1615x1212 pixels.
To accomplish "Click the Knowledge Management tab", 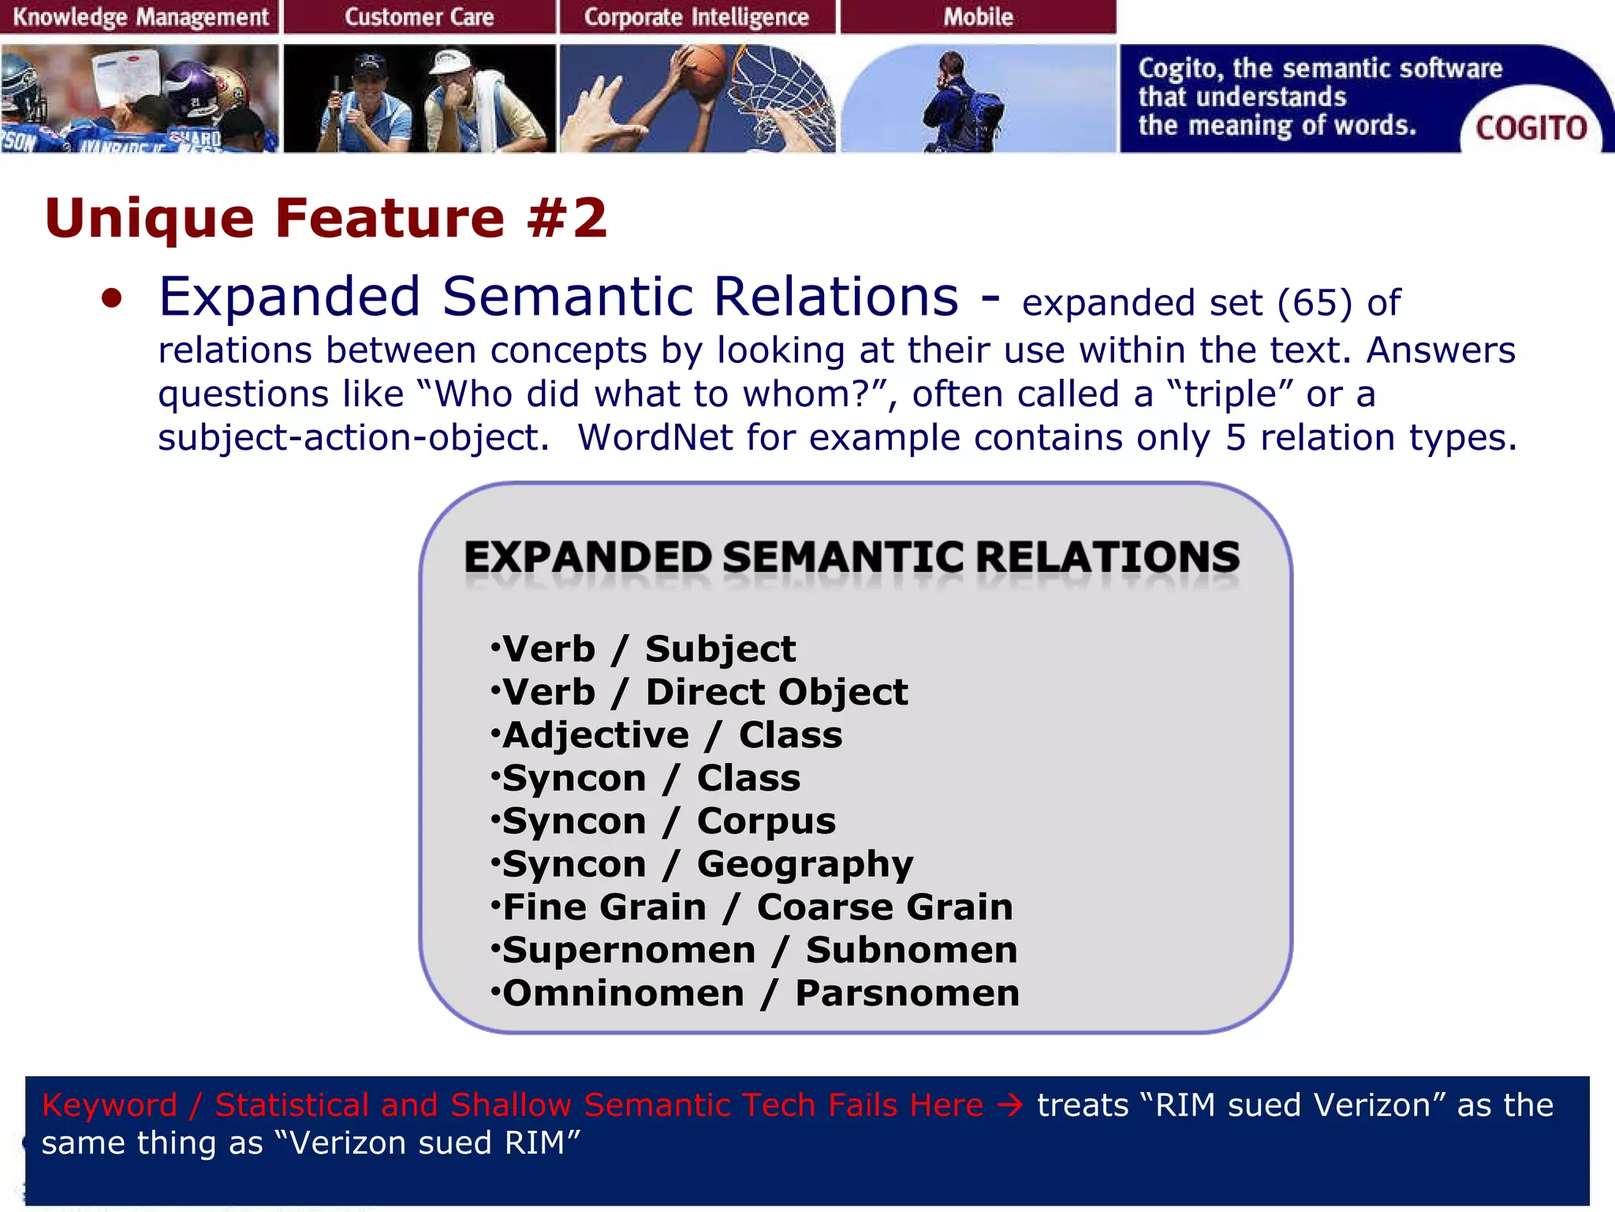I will click(140, 17).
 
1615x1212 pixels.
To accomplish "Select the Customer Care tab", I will click(419, 17).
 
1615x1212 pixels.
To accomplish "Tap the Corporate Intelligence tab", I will click(696, 17).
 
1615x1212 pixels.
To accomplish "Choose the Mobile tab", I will click(978, 17).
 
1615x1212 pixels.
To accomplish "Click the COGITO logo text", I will click(1531, 128).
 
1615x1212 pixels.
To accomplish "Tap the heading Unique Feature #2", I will click(326, 218).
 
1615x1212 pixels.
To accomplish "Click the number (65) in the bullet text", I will click(1315, 303).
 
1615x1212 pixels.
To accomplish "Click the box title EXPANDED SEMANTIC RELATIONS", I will click(852, 557).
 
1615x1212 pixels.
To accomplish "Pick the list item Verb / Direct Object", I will click(704, 692).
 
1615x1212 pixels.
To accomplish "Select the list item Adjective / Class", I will click(672, 735).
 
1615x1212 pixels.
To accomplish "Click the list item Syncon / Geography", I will click(707, 864).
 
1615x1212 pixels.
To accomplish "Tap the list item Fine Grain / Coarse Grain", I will click(757, 907).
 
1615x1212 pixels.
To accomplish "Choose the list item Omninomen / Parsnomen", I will click(760, 993).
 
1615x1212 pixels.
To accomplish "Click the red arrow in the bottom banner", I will click(1010, 1105).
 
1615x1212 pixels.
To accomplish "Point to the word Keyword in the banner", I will click(109, 1105).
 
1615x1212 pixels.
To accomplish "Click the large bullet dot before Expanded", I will click(112, 299).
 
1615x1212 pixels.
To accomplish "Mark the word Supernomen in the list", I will click(628, 950).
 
